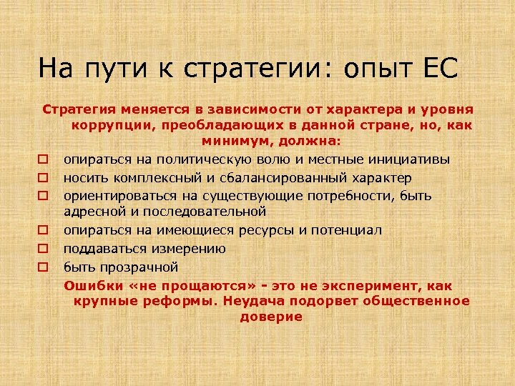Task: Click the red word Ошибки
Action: tap(89, 285)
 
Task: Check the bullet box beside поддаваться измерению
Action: tap(43, 249)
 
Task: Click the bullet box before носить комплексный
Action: tap(43, 177)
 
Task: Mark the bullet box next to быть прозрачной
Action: tap(43, 267)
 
